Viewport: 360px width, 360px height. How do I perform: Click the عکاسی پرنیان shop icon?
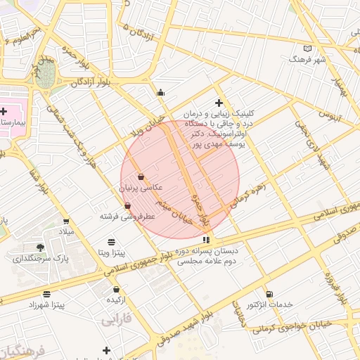(x=142, y=176)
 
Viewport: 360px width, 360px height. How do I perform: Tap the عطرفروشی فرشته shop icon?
(x=127, y=206)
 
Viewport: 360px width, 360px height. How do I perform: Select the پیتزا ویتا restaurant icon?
(x=111, y=242)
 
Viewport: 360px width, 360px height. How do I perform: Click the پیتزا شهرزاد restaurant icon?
(x=46, y=294)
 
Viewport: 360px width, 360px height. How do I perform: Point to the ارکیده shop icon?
(x=116, y=289)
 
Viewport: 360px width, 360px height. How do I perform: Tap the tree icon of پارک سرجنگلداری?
(x=40, y=247)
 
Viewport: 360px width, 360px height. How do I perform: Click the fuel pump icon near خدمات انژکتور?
(x=270, y=294)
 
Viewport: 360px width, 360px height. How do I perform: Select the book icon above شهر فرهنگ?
(x=307, y=49)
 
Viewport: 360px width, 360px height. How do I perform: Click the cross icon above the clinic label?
(x=219, y=103)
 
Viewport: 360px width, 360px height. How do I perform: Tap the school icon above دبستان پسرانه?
(x=205, y=240)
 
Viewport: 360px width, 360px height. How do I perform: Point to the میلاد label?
(x=65, y=231)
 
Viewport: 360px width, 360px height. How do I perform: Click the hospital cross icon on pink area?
(x=3, y=111)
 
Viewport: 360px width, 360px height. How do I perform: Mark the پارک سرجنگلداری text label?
(x=41, y=258)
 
